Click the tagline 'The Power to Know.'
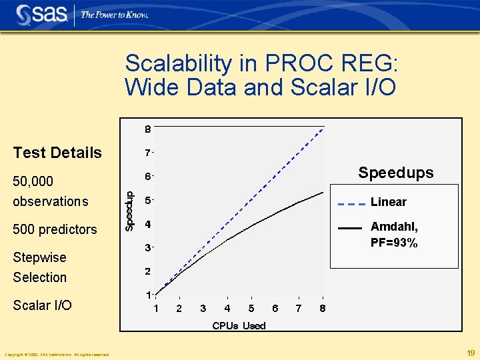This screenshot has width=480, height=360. pos(114,15)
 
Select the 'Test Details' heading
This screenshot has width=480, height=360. pos(57,153)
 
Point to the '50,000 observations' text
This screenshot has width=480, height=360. pos(50,191)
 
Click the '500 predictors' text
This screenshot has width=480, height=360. pos(55,229)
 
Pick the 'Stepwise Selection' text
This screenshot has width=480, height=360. pos(40,267)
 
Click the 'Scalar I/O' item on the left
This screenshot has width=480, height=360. pos(42,305)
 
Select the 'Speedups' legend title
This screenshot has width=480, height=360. pos(395,173)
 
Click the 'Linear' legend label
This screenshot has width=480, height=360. pos(388,202)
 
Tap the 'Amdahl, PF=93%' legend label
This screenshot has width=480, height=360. pos(394,235)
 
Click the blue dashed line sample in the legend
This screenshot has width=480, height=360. pos(351,203)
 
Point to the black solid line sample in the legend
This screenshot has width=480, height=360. pos(350,228)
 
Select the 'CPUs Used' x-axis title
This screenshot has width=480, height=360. pos(239,325)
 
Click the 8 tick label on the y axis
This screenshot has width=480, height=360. pos(147,128)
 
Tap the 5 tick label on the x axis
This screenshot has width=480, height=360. pos(251,309)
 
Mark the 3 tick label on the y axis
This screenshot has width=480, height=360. pos(147,248)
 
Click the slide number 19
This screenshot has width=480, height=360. pos(471,353)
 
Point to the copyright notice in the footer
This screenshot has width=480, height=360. pos(57,354)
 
